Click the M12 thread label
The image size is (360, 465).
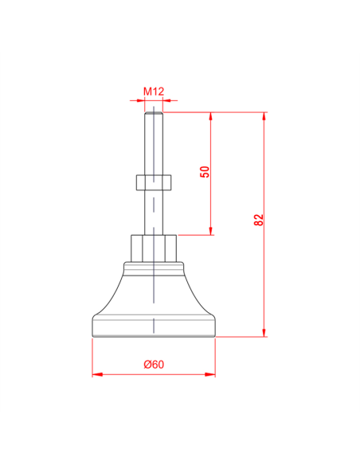point(154,92)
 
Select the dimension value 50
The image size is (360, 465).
point(204,173)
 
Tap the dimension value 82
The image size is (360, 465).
point(258,220)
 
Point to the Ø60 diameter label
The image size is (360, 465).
point(154,364)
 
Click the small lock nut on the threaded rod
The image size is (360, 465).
point(154,182)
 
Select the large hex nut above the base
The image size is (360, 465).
point(154,248)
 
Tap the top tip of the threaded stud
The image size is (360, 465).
point(154,114)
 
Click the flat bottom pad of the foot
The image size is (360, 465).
point(154,327)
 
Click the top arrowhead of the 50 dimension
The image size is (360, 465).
point(211,116)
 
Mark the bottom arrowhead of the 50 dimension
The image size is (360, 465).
point(211,231)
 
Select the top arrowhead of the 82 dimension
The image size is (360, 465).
point(264,116)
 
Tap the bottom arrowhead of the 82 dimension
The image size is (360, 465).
point(264,332)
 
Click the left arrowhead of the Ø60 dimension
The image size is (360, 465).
point(96,373)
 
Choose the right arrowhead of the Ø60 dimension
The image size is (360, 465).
point(211,373)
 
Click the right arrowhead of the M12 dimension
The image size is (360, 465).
point(168,100)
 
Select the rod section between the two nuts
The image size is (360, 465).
point(154,213)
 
